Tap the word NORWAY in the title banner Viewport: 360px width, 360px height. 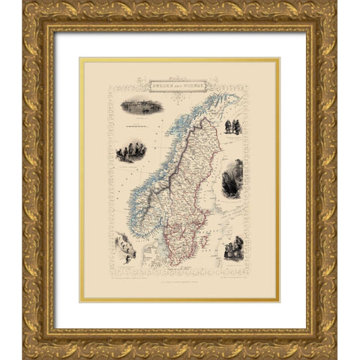click(x=199, y=85)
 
